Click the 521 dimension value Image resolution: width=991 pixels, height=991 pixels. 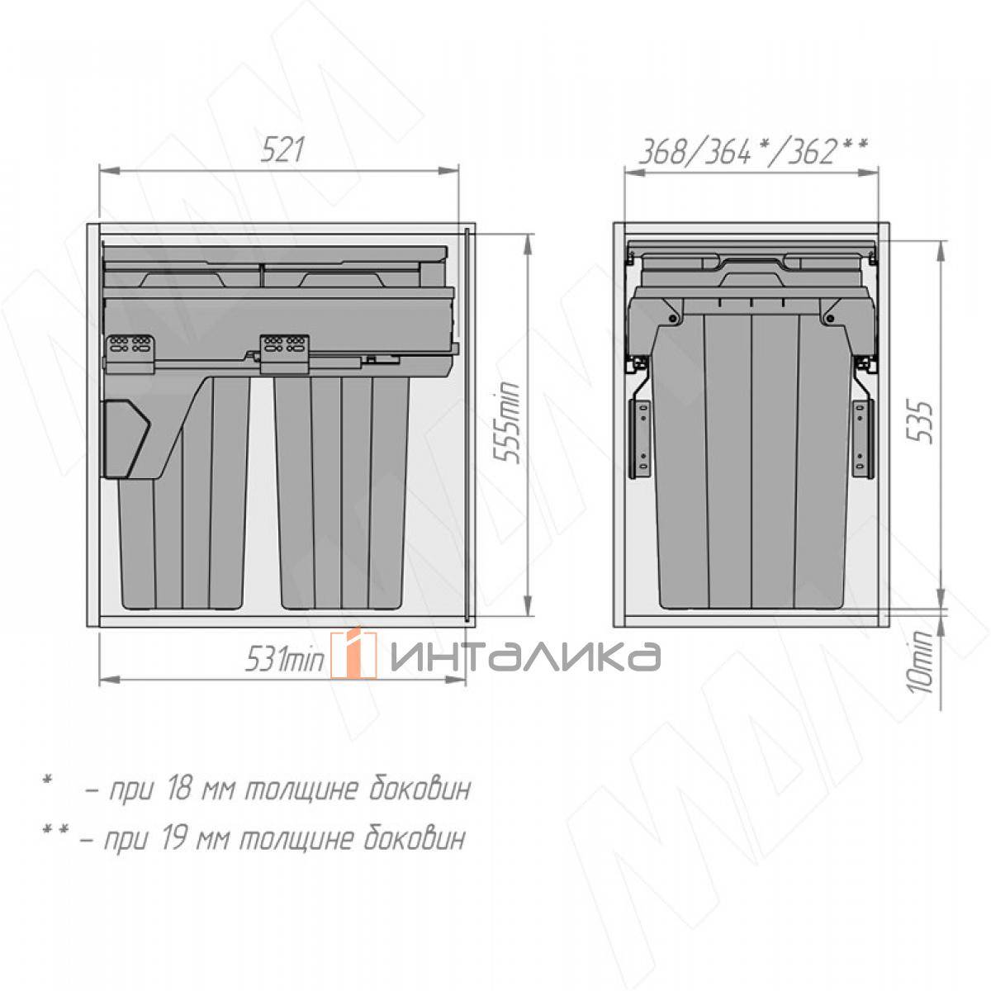282,149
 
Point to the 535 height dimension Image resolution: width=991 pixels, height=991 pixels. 920,422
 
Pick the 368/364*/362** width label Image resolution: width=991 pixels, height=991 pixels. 752,152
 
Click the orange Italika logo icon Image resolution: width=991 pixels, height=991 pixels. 353,655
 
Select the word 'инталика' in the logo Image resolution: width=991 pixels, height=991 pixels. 525,657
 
